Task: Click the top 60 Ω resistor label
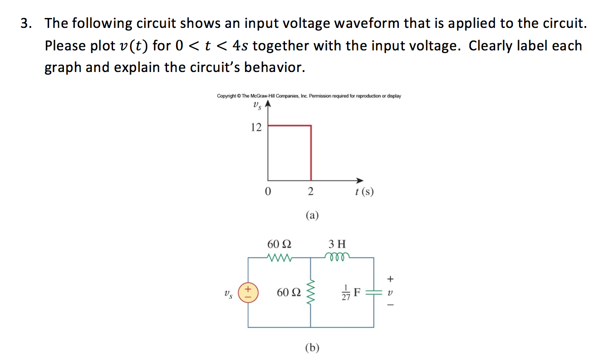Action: (279, 244)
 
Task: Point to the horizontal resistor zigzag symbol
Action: (280, 258)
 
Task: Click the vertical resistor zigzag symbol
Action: (311, 292)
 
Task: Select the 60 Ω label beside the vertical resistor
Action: (288, 292)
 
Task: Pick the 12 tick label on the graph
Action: (256, 127)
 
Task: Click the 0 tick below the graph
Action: (268, 192)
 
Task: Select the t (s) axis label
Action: (364, 192)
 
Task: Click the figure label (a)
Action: (312, 216)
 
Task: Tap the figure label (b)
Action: (312, 347)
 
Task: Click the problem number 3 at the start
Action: (26, 23)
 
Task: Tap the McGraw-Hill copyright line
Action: (309, 96)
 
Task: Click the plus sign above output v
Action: (390, 278)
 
